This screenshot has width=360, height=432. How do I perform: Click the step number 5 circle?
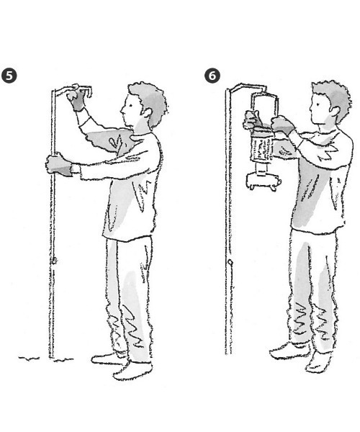9,75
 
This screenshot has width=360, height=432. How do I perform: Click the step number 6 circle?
212,75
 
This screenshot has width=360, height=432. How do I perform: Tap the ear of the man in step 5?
147,112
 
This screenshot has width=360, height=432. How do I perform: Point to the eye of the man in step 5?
131,105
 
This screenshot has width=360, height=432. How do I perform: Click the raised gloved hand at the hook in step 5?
76,99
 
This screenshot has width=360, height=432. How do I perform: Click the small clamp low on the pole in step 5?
54,261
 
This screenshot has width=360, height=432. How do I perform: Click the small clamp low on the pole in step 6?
230,262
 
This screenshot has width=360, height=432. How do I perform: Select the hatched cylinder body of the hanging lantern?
261,148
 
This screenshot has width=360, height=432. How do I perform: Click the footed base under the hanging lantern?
264,181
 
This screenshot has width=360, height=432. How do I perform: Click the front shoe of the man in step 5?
132,371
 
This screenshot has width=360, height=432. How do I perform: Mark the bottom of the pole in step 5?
52,357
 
